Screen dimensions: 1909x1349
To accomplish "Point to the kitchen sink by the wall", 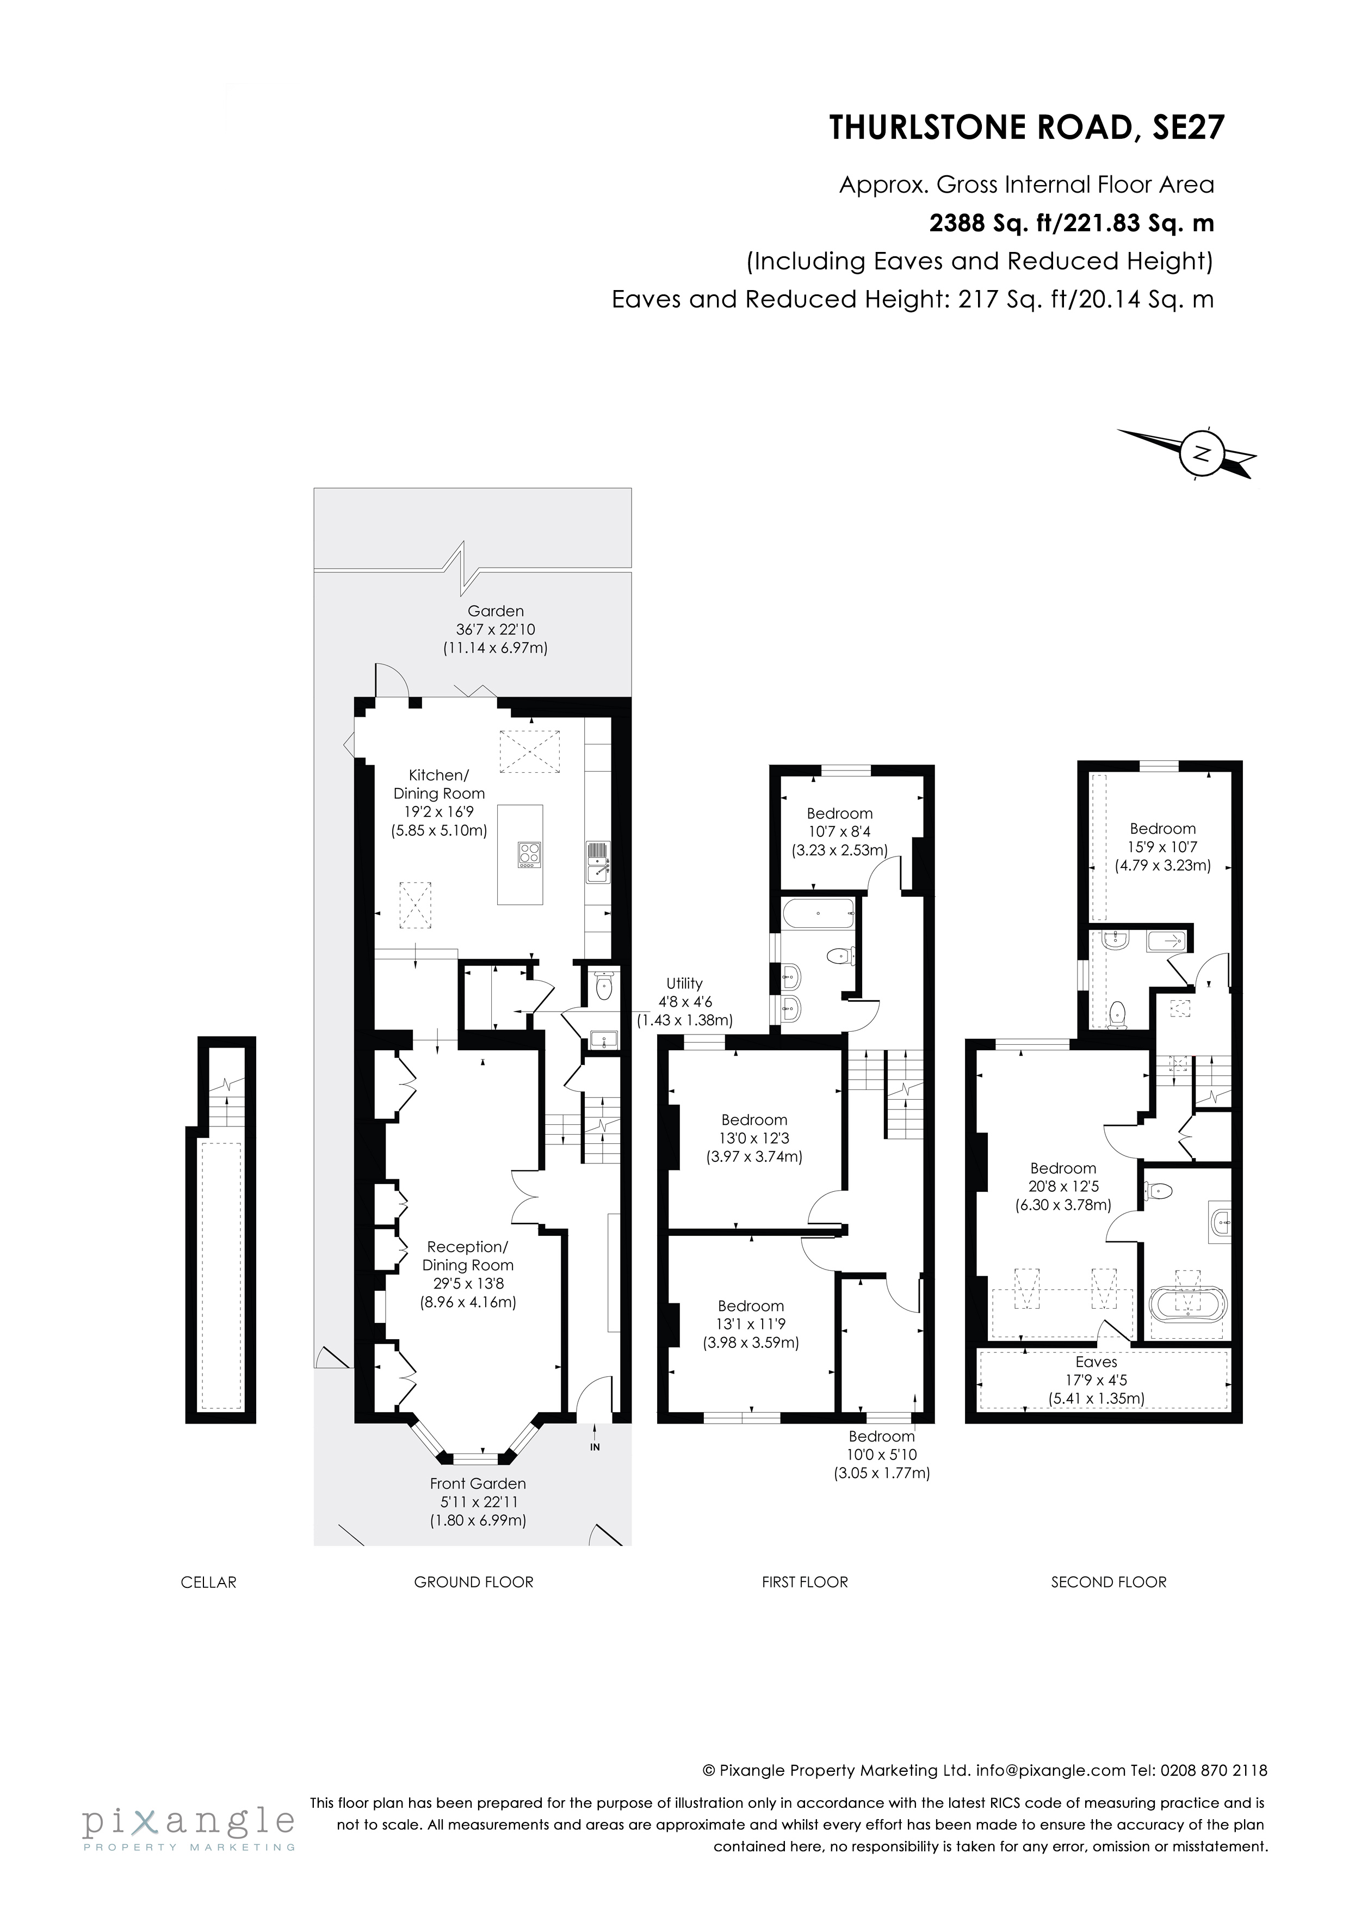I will click(x=598, y=863).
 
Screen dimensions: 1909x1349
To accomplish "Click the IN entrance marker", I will click(x=595, y=1447).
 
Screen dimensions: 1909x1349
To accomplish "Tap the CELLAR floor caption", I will click(x=209, y=1582).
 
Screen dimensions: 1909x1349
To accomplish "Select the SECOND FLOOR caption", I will click(x=1108, y=1582).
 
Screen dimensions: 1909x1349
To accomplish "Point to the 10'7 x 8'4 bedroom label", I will click(x=839, y=832).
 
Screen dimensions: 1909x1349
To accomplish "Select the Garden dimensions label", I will click(x=496, y=630).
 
